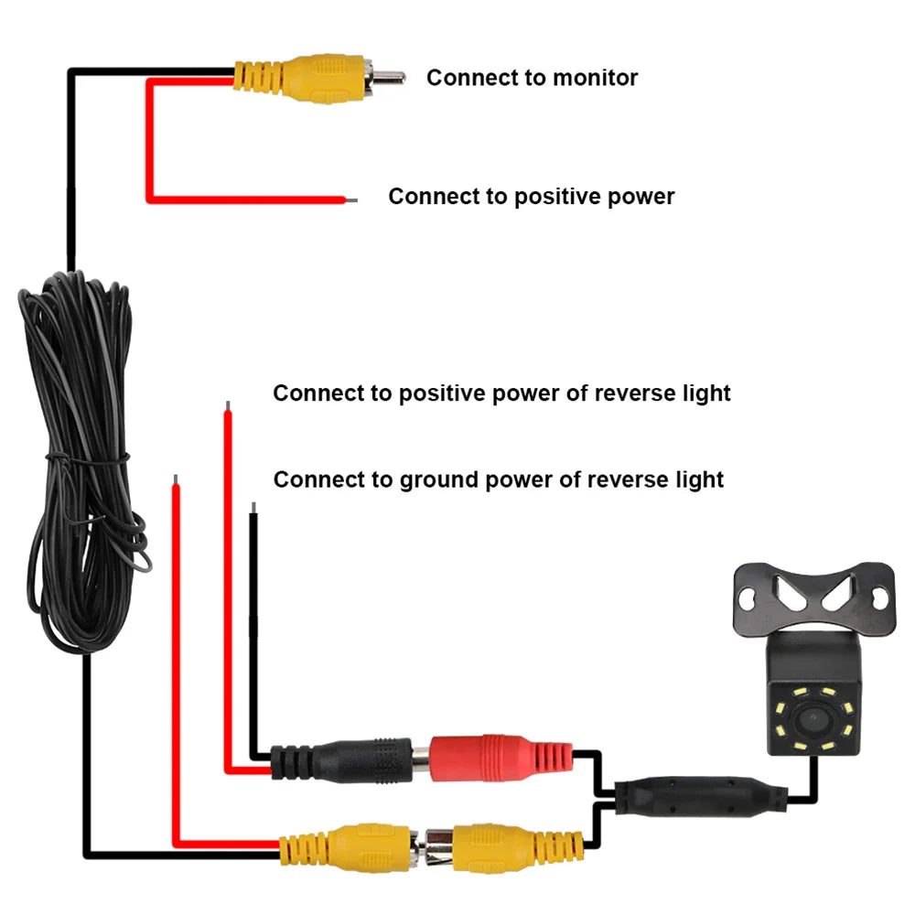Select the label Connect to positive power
coord(531,197)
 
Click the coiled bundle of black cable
coord(78,457)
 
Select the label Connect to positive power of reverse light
coord(501,393)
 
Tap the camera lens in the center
coord(812,723)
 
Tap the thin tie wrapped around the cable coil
coord(91,457)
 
